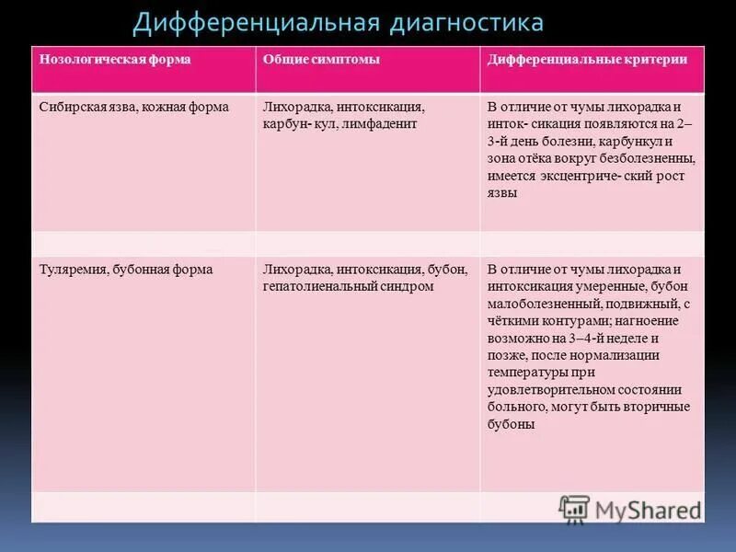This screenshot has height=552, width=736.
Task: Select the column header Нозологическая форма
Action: tap(115, 59)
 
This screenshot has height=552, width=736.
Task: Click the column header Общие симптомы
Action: tap(321, 59)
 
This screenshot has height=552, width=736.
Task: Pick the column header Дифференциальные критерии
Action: tap(587, 59)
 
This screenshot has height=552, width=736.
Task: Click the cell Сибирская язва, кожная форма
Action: tap(133, 107)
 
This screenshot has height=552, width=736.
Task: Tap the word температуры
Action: tap(528, 373)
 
